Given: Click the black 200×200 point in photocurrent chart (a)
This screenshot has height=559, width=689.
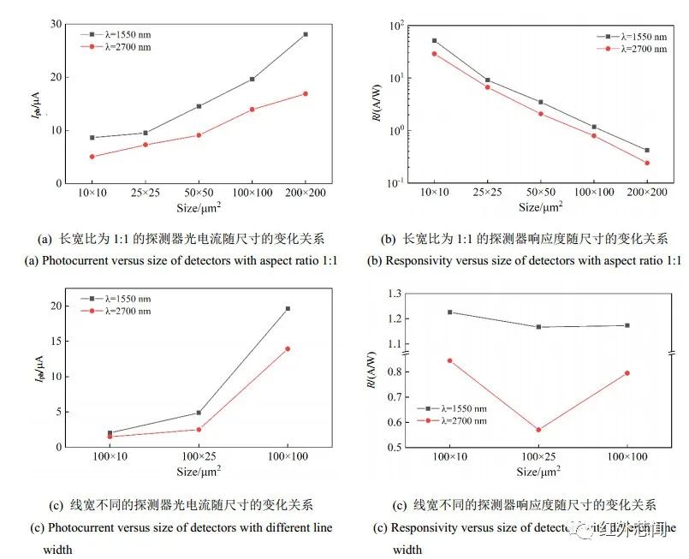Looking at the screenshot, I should pos(305,34).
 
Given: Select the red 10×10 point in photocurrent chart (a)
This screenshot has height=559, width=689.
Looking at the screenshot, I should pos(92,157).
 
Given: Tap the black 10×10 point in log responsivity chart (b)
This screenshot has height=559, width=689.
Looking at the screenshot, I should pos(435,40).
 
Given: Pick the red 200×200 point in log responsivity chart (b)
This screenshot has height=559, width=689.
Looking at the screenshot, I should pos(646,163).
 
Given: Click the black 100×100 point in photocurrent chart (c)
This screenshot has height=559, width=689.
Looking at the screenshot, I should pos(288,308).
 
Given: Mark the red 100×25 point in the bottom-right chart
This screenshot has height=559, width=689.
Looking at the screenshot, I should pos(538,430).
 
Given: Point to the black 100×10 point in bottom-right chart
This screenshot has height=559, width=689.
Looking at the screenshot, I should pos(450,312).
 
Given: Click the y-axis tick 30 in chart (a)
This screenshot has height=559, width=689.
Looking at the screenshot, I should pos(56,24).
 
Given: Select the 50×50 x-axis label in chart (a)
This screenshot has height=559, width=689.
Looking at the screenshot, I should pos(199,193).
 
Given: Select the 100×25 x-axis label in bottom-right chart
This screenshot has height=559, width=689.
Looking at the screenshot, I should pos(538,458).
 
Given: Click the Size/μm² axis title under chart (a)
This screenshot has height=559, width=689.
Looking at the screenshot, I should pos(199,208).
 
